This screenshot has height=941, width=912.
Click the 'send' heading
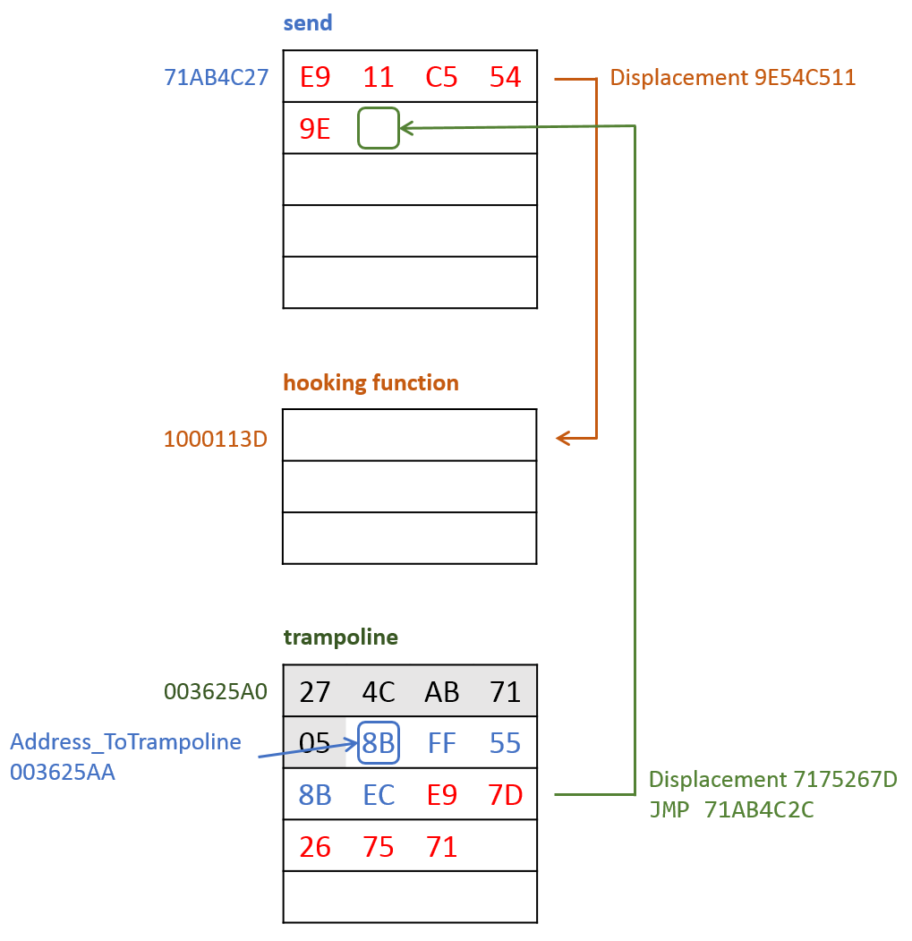click(308, 23)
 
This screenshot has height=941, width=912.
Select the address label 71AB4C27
click(217, 77)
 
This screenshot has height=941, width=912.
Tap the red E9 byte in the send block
click(315, 77)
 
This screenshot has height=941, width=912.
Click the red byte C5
click(442, 77)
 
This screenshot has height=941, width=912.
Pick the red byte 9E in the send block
click(315, 129)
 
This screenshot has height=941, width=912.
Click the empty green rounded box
click(378, 128)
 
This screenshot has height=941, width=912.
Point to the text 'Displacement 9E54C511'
click(733, 77)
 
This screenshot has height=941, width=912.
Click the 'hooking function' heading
click(371, 383)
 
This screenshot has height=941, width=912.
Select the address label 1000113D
click(216, 439)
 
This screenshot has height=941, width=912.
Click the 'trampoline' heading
click(341, 637)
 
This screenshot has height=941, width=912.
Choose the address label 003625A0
click(216, 691)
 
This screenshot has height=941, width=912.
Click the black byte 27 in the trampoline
click(315, 692)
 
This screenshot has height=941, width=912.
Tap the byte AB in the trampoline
click(442, 692)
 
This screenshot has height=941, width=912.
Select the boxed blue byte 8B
click(379, 743)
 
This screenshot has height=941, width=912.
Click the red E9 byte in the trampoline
click(442, 795)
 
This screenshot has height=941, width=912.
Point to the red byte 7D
click(505, 795)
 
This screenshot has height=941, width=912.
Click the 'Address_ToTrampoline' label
click(125, 741)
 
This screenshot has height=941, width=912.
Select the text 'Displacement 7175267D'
click(772, 779)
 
